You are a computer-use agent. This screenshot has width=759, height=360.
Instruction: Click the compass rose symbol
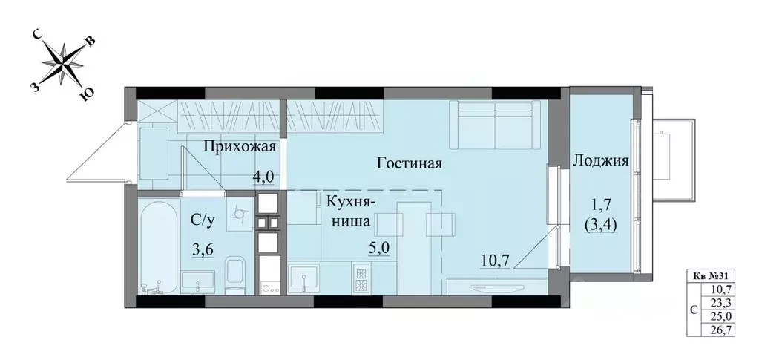63,62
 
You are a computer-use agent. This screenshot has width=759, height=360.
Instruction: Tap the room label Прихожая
240,146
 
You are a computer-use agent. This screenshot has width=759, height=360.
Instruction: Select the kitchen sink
304,279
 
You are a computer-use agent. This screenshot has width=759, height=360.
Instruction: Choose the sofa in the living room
489,122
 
